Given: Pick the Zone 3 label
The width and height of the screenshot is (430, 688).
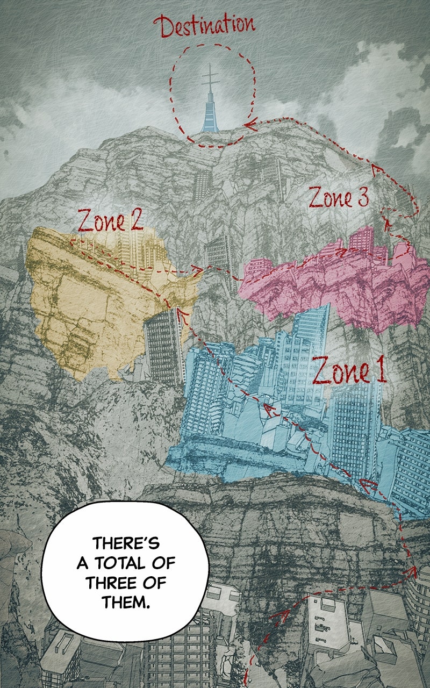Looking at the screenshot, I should click(338, 197).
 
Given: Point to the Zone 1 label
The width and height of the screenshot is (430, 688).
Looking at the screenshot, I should click(349, 371).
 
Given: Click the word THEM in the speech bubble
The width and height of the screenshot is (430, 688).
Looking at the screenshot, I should click(125, 601).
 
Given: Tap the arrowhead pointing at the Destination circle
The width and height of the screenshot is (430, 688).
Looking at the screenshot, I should click(248, 125).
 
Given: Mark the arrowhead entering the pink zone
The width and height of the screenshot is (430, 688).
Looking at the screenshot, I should click(340, 250).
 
